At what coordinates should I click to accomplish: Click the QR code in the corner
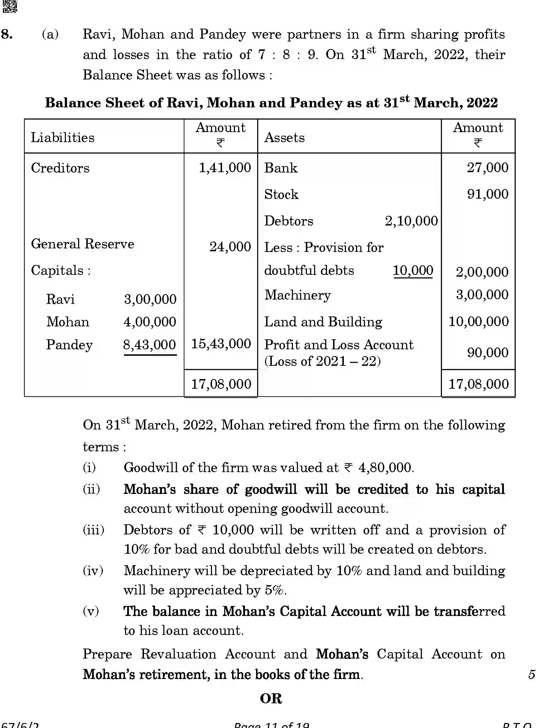pyautogui.click(x=10, y=6)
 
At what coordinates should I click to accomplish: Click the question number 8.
pyautogui.click(x=7, y=34)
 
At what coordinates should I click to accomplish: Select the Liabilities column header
pyautogui.click(x=63, y=137)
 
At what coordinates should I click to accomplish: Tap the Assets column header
pyautogui.click(x=284, y=137)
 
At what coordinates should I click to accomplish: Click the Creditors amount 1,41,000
pyautogui.click(x=225, y=168)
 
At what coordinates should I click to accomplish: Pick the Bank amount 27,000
pyautogui.click(x=487, y=168)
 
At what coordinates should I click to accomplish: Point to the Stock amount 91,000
pyautogui.click(x=487, y=194)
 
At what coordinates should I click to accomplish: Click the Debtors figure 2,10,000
pyautogui.click(x=411, y=221)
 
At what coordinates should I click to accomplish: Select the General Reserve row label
pyautogui.click(x=82, y=244)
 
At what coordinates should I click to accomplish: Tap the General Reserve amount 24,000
pyautogui.click(x=230, y=247)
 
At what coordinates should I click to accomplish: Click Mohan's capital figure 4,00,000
pyautogui.click(x=150, y=322)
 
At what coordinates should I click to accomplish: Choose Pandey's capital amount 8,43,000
pyautogui.click(x=149, y=345)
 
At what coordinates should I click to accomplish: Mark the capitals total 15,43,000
pyautogui.click(x=221, y=344)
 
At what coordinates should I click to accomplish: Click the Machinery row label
pyautogui.click(x=297, y=295)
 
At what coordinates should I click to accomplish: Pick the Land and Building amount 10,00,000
pyautogui.click(x=478, y=321)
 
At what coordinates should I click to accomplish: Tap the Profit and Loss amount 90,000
pyautogui.click(x=487, y=353)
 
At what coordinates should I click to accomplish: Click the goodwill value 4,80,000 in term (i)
pyautogui.click(x=386, y=467)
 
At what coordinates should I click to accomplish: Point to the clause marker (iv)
pyautogui.click(x=93, y=571)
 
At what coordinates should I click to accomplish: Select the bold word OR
pyautogui.click(x=271, y=698)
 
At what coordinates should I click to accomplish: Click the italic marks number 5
pyautogui.click(x=531, y=674)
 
